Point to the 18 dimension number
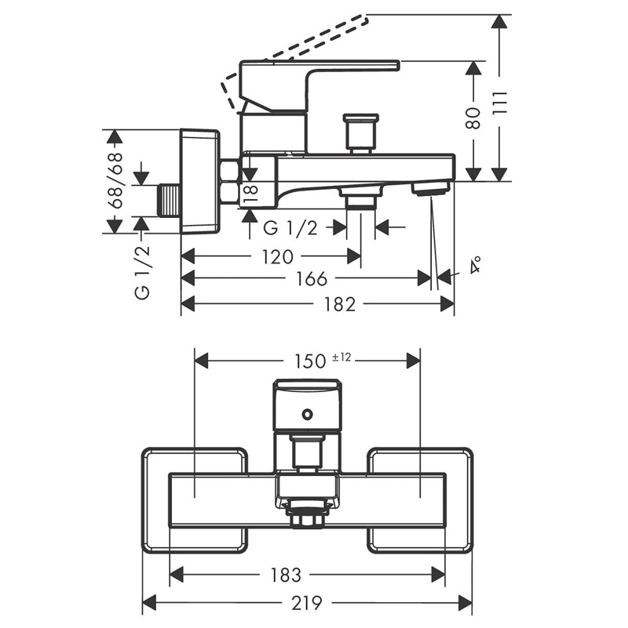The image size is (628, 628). tap(250, 191)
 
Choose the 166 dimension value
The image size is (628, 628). tap(312, 280)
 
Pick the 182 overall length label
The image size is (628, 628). tap(339, 305)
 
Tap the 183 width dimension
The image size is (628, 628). tap(285, 575)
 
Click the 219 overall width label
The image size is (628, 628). tap(307, 603)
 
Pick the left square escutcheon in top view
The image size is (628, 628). tap(195, 499)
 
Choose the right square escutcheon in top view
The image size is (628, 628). tap(421, 499)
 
